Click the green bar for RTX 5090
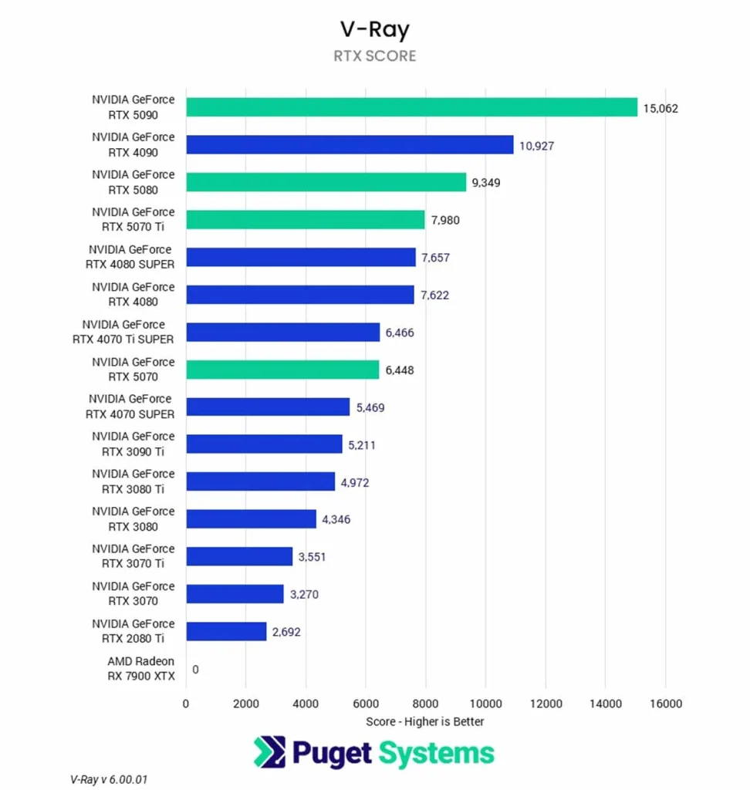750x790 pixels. click(411, 107)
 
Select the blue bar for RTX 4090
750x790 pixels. click(350, 145)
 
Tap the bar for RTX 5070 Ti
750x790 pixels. click(306, 220)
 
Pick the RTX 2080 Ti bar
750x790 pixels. click(226, 632)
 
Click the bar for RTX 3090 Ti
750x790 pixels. click(264, 444)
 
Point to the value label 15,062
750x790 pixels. click(660, 108)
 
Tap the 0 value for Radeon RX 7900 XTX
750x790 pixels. click(195, 670)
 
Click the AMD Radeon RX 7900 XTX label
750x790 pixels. click(141, 669)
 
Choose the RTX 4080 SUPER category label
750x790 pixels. click(132, 257)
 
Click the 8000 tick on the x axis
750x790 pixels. click(425, 704)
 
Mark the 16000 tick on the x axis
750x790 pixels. click(665, 704)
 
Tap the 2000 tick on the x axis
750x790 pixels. click(245, 704)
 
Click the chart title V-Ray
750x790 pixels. click(375, 29)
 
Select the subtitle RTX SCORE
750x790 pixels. click(375, 56)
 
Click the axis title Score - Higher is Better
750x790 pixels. click(425, 721)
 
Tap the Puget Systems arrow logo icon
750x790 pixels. click(269, 753)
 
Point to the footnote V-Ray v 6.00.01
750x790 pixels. click(108, 779)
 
